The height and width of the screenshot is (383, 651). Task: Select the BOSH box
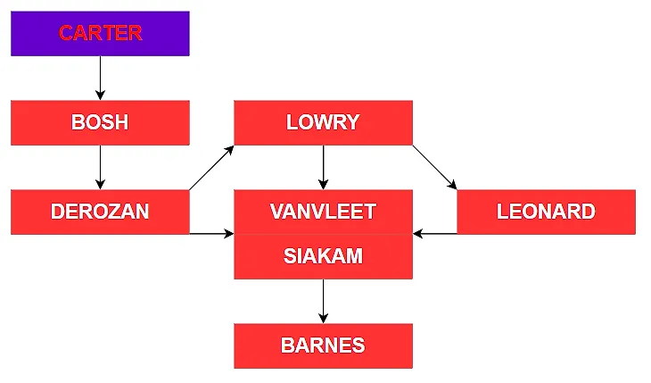coord(100,122)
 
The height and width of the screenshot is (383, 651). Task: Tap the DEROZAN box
coord(100,212)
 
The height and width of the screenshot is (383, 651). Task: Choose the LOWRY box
coord(323,122)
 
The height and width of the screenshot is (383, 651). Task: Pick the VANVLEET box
coord(323,212)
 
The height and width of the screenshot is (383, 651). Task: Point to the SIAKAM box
coord(323,256)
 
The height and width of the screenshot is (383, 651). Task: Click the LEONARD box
coord(546,212)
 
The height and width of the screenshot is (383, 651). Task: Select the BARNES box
coord(323,346)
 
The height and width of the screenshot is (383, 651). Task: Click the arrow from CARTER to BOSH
coord(100,78)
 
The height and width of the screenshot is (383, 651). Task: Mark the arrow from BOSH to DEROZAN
coord(100,167)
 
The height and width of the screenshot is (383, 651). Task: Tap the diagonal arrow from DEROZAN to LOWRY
coord(211,167)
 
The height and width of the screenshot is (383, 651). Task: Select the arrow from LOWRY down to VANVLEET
coord(323,167)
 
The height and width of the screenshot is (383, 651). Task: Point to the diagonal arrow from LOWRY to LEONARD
coord(434,167)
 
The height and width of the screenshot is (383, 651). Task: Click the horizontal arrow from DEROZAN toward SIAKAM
coord(211,234)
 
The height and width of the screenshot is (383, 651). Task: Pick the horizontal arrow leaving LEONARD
coord(435,234)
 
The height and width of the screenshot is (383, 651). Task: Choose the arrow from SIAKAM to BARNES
coord(323,301)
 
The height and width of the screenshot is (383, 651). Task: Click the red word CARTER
coord(100,33)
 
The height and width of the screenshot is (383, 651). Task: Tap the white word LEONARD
coord(546,212)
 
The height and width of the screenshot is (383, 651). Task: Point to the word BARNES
coord(323,346)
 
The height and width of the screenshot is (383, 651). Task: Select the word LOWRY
coord(323,122)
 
